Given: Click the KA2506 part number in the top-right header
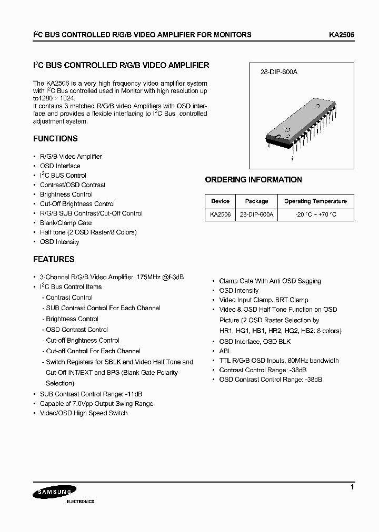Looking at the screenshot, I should (342, 35).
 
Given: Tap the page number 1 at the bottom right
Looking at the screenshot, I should (352, 488).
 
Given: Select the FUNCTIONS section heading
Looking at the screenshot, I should (55, 139).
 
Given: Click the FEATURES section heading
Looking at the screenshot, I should (54, 259).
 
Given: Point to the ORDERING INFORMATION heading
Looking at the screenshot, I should (253, 180).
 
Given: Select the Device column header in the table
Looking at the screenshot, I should (220, 201).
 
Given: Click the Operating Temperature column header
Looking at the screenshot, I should (315, 201).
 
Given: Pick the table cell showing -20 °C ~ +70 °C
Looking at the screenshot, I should (315, 216).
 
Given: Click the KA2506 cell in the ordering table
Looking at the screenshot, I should (220, 216).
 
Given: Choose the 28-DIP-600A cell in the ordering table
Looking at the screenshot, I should (256, 216).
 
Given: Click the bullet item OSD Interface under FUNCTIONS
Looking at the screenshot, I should (60, 166).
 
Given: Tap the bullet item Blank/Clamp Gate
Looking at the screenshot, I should (66, 223).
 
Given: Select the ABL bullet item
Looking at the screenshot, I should (225, 351).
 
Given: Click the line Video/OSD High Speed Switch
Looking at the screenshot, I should (84, 413).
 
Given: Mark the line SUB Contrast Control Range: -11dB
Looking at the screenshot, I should (91, 394).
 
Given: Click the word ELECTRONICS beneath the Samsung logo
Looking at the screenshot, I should (80, 502).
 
